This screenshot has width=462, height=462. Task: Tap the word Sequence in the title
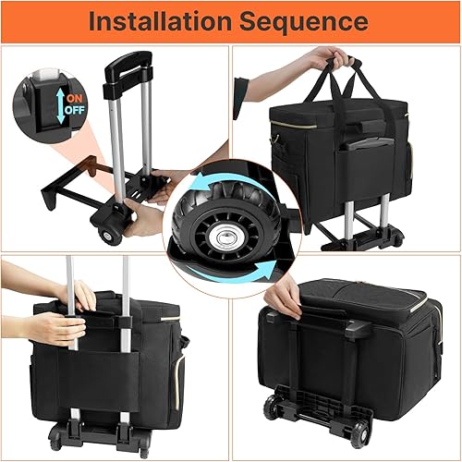pos(309,20)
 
